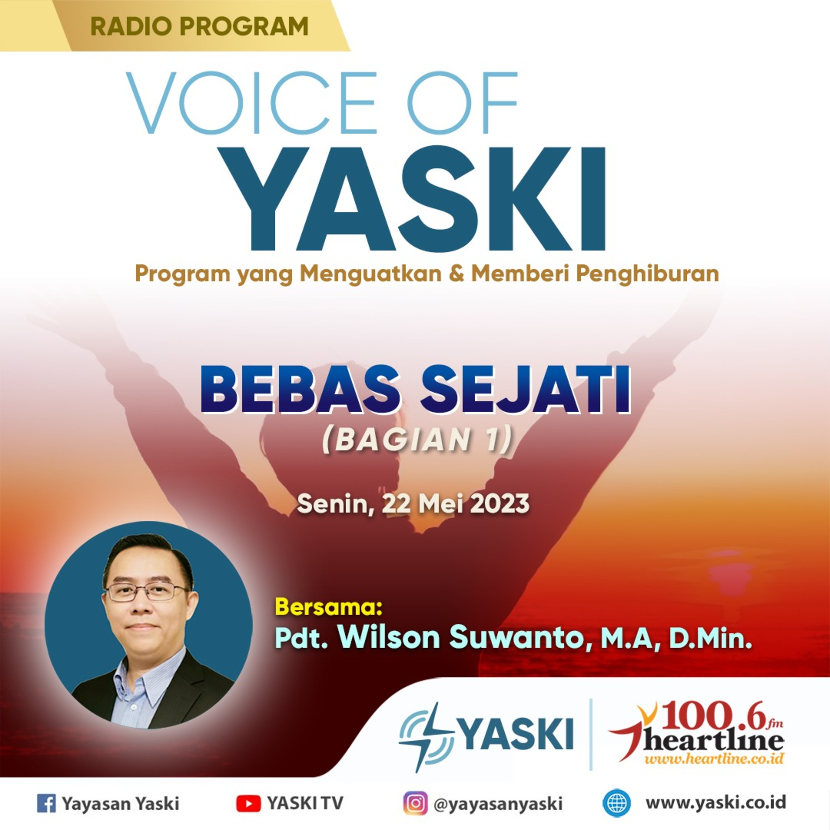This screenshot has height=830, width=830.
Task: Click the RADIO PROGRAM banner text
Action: point(199,26)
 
